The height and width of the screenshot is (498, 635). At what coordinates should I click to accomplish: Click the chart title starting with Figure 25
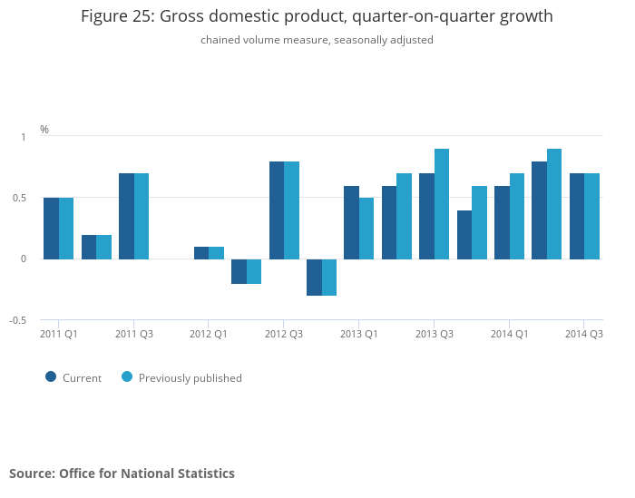(317, 16)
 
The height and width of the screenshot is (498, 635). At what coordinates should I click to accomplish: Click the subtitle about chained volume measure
(317, 40)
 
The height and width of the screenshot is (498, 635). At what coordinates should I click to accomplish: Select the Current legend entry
(74, 377)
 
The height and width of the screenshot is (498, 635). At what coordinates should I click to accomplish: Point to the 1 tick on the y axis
(24, 136)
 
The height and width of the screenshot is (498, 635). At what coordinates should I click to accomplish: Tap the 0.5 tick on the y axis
(19, 198)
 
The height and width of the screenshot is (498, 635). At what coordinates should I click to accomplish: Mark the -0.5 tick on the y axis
(17, 320)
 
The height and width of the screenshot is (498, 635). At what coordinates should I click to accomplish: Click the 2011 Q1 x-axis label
(59, 334)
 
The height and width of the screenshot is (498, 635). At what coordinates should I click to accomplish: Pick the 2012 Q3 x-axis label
(284, 334)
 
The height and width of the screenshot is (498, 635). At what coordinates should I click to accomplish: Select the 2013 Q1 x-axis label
(359, 334)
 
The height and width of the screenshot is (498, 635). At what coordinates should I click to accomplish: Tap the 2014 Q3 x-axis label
(584, 334)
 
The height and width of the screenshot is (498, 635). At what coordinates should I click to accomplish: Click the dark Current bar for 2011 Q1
(52, 229)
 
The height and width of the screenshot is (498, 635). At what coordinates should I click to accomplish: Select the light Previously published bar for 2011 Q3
(142, 216)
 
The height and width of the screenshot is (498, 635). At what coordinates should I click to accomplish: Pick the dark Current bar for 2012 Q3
(277, 210)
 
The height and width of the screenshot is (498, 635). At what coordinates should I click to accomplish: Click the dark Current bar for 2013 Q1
(351, 222)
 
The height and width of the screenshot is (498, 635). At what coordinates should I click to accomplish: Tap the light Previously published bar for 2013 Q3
(442, 204)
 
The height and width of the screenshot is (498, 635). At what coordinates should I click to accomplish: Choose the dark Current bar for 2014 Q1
(502, 222)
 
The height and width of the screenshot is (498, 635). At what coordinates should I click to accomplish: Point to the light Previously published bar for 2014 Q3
(591, 216)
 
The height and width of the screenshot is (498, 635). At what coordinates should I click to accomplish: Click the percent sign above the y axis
(44, 130)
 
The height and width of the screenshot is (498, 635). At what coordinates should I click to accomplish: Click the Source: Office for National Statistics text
(122, 474)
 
